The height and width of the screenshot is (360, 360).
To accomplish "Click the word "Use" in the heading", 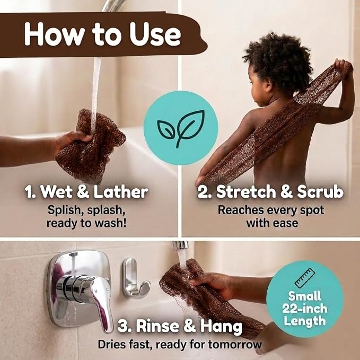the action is pos(155,34).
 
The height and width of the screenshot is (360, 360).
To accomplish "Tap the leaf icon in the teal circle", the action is pos(181,128).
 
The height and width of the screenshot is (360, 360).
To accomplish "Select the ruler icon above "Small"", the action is pos(305,278).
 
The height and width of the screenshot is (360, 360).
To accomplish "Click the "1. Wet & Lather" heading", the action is pos(86,192).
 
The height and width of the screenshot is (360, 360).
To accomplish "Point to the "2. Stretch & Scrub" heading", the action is pos(270,192).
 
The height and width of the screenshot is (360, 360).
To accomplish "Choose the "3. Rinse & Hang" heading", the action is pos(180,326).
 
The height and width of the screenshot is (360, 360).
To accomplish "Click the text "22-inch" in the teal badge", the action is pos(305,309).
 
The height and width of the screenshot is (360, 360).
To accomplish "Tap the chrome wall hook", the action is pos(134,278).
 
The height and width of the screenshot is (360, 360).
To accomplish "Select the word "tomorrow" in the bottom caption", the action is pos(235,345).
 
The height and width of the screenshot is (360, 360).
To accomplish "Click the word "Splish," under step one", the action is pos(64,210).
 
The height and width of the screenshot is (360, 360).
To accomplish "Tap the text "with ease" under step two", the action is pos(272,223).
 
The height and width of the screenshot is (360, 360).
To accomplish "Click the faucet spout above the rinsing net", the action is pos(181,245).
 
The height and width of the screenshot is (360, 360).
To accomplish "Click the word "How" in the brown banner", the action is pos(54,34).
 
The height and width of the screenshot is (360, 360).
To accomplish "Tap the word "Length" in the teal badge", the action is pos(305,321).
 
